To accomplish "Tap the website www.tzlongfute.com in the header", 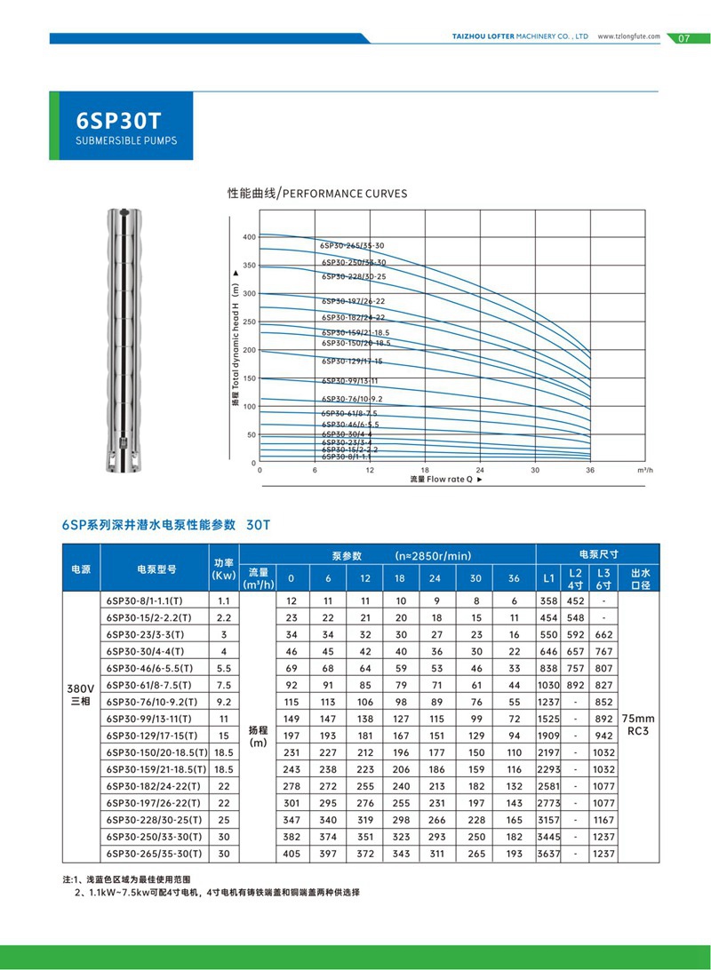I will click(628, 37).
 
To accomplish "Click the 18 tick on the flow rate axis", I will click(425, 470).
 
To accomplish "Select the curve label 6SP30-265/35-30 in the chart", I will click(353, 244).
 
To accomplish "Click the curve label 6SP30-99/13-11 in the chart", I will click(351, 380).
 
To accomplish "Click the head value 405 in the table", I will click(291, 854).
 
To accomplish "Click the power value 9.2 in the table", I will click(223, 702).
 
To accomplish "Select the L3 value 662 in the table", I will click(603, 634).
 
